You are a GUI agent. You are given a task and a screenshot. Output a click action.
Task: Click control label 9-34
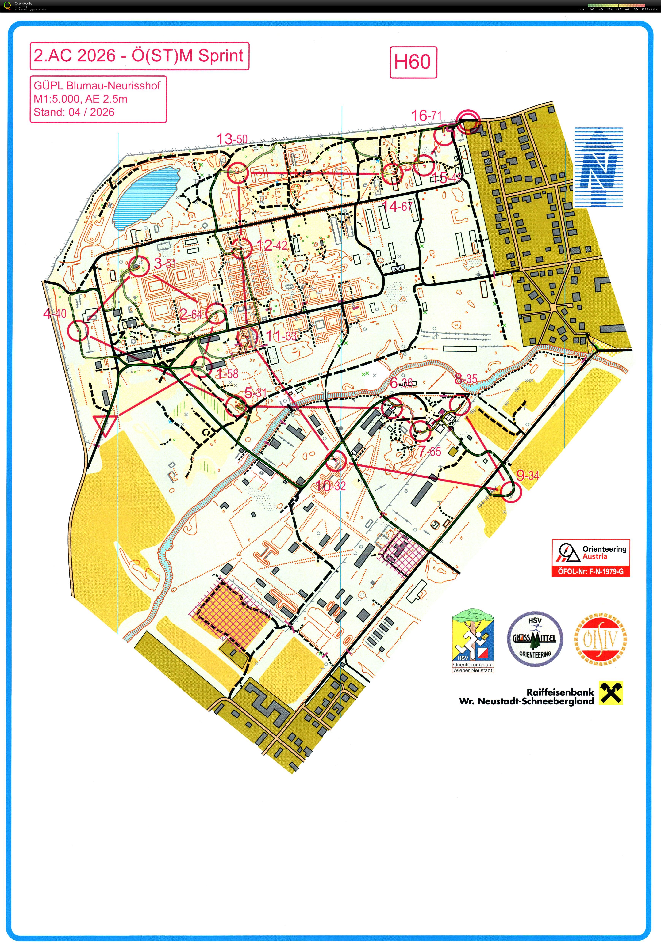pyautogui.click(x=528, y=476)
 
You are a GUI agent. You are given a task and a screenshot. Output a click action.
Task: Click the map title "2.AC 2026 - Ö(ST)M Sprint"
pyautogui.click(x=139, y=55)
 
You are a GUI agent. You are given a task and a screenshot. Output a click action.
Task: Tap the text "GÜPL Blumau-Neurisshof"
pyautogui.click(x=97, y=85)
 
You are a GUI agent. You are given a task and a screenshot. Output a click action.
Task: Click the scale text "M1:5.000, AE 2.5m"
pyautogui.click(x=81, y=99)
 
